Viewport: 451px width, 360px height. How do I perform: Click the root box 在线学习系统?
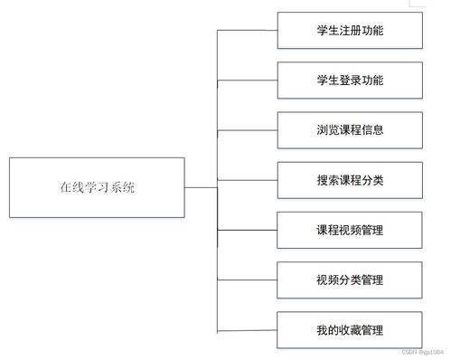click(98, 188)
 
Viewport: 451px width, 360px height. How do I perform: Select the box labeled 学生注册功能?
click(350, 31)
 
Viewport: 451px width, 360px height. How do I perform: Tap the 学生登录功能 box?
click(350, 80)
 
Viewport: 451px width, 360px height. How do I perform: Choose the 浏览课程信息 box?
click(350, 129)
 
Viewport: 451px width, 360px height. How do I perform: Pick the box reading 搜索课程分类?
click(350, 178)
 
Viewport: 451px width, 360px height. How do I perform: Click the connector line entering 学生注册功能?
click(248, 31)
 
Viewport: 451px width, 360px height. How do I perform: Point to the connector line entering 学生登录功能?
click(248, 80)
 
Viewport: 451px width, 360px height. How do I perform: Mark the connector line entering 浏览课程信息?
click(248, 129)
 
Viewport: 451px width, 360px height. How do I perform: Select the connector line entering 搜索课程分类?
click(248, 178)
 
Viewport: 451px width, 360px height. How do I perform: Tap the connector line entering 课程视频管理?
click(248, 229)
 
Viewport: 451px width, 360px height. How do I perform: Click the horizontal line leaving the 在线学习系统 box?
click(201, 188)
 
